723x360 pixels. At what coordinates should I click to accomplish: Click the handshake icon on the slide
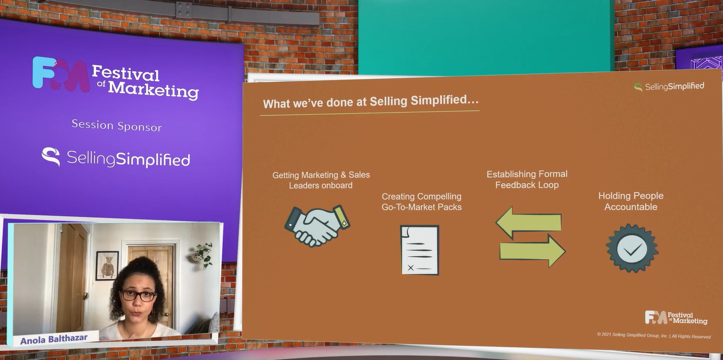point(318,226)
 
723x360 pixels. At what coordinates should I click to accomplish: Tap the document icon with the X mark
point(420,250)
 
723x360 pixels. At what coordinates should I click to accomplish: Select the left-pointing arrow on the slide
point(529,223)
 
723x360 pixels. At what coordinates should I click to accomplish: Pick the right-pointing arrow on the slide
point(533,251)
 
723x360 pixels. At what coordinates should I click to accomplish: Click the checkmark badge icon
point(632,248)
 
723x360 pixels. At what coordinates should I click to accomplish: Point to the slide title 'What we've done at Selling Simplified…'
point(370,102)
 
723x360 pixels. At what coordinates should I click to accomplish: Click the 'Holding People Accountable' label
point(631,201)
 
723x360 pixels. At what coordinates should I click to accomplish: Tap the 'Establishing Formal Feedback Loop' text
point(527,179)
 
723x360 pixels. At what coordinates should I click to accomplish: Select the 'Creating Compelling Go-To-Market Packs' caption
point(421,202)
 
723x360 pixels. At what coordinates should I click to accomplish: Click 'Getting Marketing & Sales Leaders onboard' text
point(321,180)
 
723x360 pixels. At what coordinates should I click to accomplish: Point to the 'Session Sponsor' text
point(117,126)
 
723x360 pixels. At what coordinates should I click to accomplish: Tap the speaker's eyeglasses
point(139,296)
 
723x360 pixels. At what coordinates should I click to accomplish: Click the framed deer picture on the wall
point(107,266)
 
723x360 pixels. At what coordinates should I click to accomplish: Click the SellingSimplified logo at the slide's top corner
point(669,86)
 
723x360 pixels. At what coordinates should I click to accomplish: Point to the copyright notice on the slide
point(654,336)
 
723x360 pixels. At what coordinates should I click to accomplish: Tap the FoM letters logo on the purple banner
point(61,74)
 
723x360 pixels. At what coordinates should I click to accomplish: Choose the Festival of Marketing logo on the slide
point(676,318)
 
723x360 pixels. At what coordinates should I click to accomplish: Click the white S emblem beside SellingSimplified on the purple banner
point(51,157)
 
